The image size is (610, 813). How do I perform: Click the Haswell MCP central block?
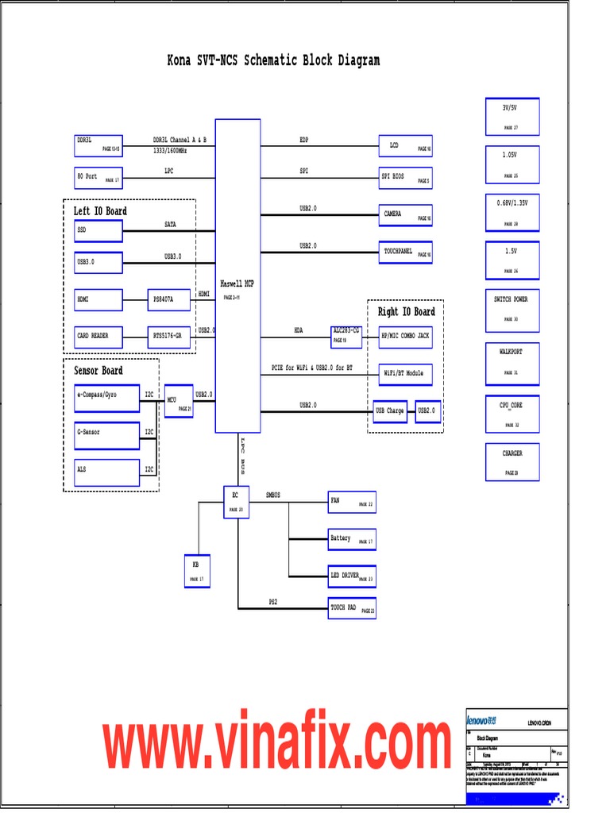[x=237, y=275]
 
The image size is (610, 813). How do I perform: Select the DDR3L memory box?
[x=99, y=145]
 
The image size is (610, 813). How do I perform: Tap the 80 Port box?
[x=99, y=177]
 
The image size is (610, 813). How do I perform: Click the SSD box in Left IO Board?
[x=99, y=231]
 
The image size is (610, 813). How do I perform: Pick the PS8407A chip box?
[x=170, y=300]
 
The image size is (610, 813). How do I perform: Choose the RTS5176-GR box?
[x=170, y=337]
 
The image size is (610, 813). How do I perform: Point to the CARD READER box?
[x=99, y=337]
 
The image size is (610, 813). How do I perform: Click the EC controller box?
[x=237, y=502]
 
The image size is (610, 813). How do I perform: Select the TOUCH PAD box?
[x=352, y=609]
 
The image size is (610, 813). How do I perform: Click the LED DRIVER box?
[x=352, y=576]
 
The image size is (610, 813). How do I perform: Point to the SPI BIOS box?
[x=406, y=178]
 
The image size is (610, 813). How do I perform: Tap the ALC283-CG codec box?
[x=346, y=337]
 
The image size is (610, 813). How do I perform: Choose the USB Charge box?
[x=390, y=411]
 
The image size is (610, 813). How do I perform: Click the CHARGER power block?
[x=512, y=462]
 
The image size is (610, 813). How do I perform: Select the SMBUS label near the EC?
[x=273, y=495]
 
